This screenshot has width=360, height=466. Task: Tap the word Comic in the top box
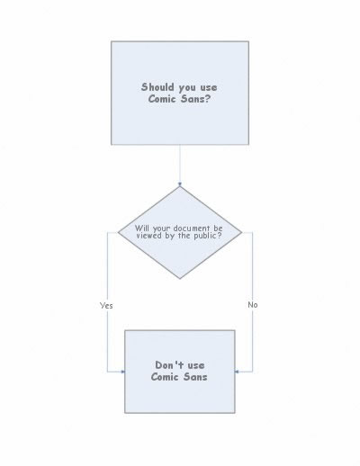point(162,99)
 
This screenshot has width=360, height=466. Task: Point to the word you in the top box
point(187,88)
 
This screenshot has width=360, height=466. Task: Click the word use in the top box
point(208,88)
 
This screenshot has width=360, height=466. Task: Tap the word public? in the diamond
point(208,236)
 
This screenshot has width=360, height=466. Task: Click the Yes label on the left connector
point(106,306)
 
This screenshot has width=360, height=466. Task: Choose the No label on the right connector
point(253,305)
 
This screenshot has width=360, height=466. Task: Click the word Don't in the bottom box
point(169,365)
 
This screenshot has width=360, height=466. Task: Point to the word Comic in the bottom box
point(165,377)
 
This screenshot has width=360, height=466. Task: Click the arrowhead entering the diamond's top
point(180,184)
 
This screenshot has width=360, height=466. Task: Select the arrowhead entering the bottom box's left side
point(122,372)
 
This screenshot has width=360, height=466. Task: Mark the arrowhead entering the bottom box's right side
point(237,372)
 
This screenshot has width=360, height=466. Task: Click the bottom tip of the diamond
point(180,279)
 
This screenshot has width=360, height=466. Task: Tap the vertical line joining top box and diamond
point(180,166)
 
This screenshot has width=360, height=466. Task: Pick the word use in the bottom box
point(196,365)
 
